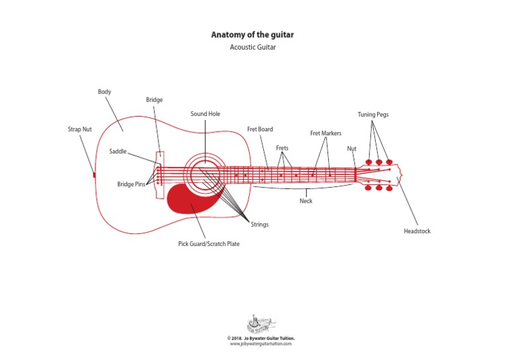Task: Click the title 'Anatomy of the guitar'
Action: (x=252, y=34)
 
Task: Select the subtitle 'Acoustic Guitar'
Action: (x=252, y=47)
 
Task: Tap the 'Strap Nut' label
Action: (x=80, y=129)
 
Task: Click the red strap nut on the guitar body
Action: (x=95, y=174)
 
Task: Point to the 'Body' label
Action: (x=104, y=91)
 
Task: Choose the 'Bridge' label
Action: (x=154, y=100)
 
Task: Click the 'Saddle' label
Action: (x=118, y=152)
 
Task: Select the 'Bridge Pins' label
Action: (x=131, y=184)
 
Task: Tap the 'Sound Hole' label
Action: (x=205, y=114)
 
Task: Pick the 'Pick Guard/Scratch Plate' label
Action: (x=209, y=244)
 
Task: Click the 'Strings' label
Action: (x=260, y=225)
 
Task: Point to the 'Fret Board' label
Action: (x=260, y=129)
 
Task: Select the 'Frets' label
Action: (x=283, y=148)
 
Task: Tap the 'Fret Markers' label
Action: (x=325, y=133)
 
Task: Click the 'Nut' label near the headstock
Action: (x=352, y=149)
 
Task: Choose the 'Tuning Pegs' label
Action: (x=373, y=115)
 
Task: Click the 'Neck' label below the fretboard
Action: (x=306, y=201)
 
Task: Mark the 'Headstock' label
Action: (x=417, y=231)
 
